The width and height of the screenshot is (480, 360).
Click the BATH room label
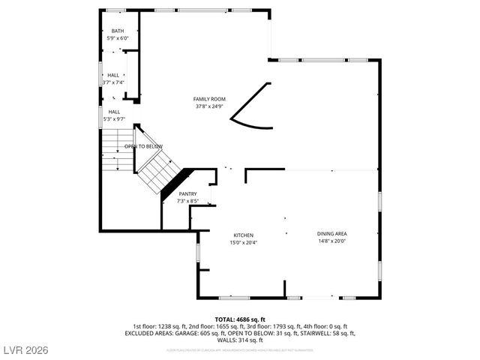[118, 31]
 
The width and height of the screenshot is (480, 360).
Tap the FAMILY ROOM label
[209, 99]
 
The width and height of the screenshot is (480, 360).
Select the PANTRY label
[187, 194]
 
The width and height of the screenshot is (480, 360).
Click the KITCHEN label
[243, 235]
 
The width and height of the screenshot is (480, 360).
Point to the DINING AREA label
[331, 234]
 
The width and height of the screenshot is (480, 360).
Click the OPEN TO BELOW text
[143, 146]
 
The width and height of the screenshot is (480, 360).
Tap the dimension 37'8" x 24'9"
[209, 106]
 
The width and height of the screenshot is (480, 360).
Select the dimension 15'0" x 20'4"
[243, 242]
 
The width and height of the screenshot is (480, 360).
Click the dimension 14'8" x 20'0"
[331, 241]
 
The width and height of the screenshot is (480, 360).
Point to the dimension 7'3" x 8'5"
[187, 201]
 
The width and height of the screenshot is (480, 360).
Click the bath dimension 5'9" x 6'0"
[118, 37]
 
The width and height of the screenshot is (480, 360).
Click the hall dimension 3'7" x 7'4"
[112, 82]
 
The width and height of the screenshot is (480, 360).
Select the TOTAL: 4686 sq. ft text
[240, 319]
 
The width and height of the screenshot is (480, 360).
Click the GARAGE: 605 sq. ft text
[196, 333]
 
